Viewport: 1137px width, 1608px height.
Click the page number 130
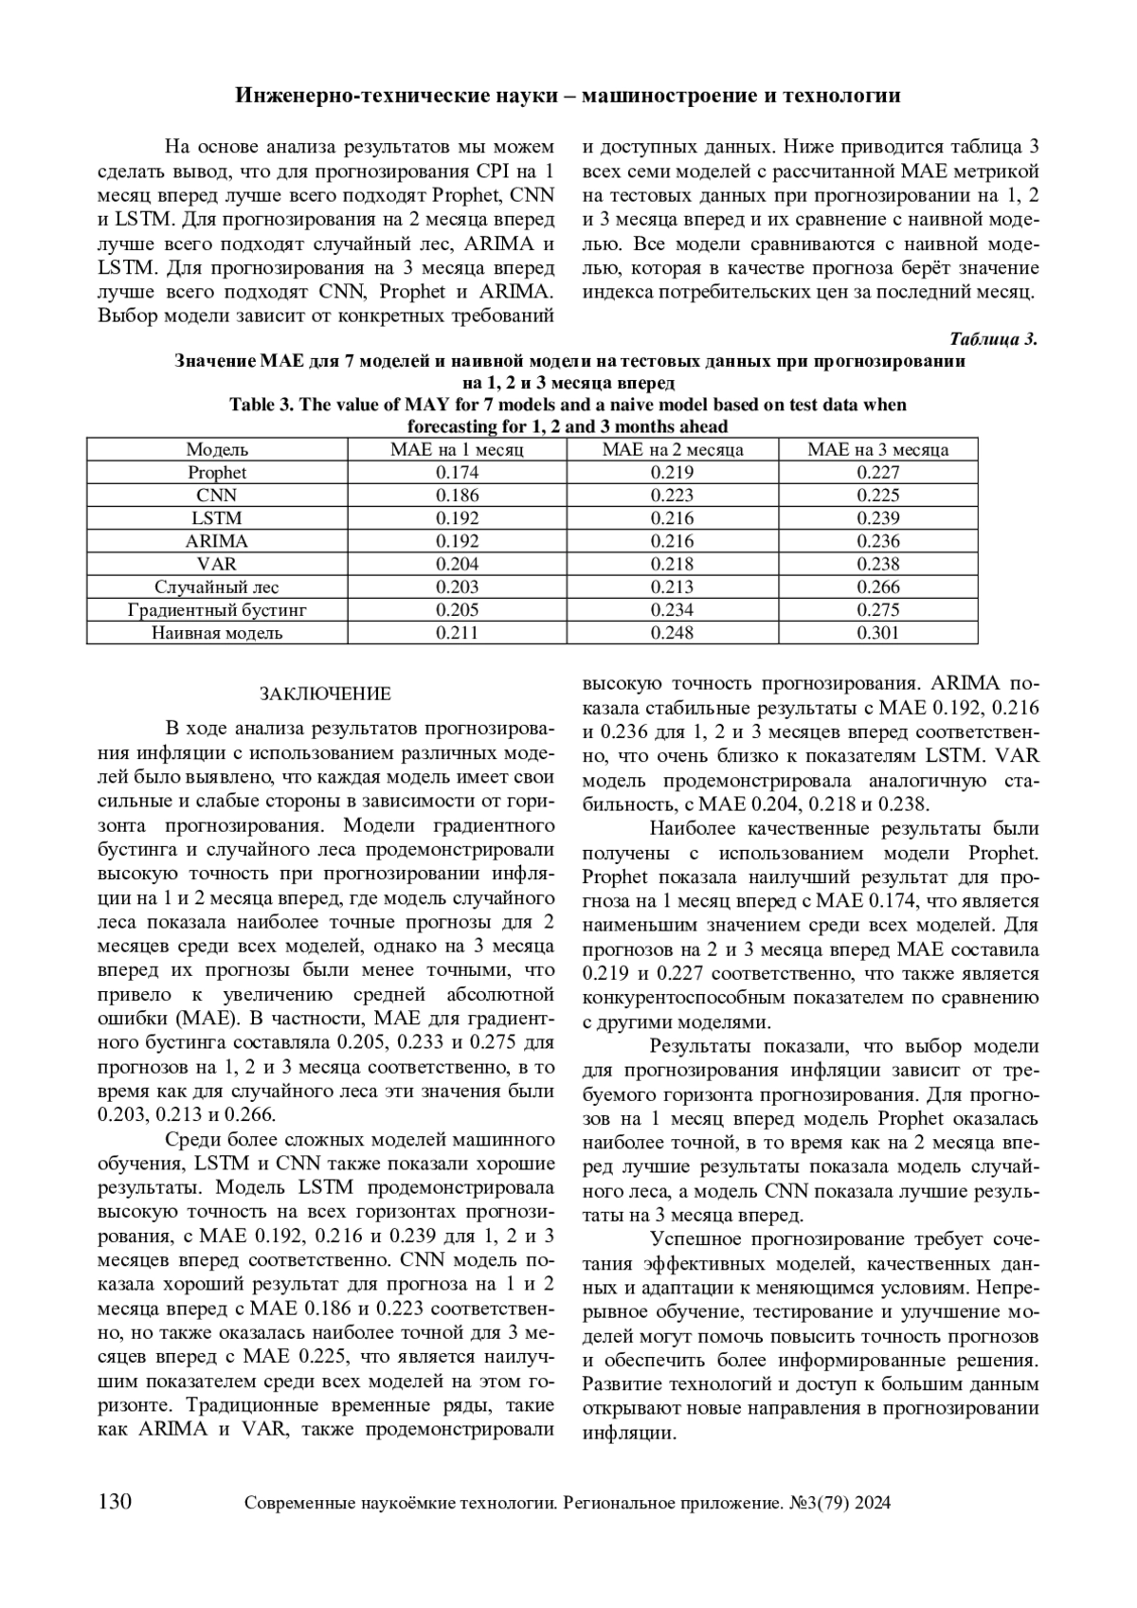(116, 1502)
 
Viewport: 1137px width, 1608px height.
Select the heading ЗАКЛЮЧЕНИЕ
(325, 694)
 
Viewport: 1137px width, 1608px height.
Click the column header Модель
(217, 450)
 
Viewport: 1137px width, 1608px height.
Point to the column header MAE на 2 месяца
(673, 450)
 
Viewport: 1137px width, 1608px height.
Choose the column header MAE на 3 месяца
(877, 450)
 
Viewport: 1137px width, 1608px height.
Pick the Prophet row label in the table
(217, 473)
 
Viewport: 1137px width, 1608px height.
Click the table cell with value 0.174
(458, 473)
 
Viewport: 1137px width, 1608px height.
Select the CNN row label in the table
(217, 496)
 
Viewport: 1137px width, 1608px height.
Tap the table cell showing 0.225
(877, 496)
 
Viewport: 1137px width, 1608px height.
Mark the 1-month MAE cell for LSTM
(458, 518)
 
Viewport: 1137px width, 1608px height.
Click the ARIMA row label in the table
(217, 541)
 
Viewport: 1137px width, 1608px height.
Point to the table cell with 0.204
(458, 564)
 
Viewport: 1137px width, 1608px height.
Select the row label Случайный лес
(217, 587)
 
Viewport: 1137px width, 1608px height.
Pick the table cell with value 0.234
(673, 610)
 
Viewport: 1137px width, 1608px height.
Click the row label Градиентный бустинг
(217, 610)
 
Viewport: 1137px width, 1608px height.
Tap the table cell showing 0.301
(877, 633)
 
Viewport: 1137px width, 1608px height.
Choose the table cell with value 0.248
(673, 633)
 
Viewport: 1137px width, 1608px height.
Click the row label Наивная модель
(217, 633)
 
